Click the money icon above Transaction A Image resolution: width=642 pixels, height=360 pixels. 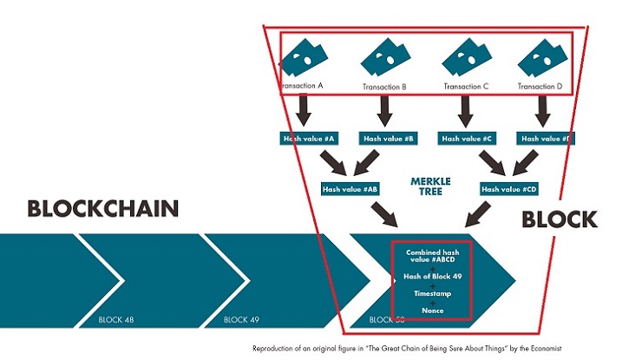pos(301,58)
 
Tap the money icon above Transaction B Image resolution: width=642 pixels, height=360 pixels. pos(384,58)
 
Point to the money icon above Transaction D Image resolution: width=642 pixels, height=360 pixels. pos(541,58)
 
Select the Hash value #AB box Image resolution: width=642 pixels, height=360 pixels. pos(350,188)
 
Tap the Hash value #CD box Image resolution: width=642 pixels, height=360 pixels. pos(509,188)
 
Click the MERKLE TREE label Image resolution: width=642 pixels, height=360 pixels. pos(431,187)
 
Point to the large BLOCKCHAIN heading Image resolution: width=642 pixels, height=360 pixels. pos(103,209)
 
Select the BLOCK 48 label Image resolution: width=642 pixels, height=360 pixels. pos(117,320)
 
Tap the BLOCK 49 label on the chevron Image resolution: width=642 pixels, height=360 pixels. pos(241,320)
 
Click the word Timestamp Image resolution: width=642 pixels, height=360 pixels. pos(432,293)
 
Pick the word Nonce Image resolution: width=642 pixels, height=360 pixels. pos(432,310)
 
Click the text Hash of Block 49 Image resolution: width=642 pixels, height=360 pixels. pos(432,276)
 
